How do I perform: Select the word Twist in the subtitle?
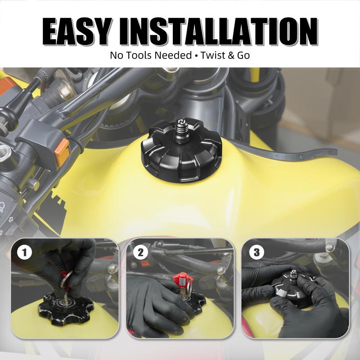(x=212, y=55)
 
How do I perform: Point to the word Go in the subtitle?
(x=243, y=55)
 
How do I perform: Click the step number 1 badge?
(x=25, y=252)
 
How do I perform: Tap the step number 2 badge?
(x=140, y=252)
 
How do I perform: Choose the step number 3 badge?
(x=256, y=252)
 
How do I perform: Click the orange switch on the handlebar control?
(x=62, y=152)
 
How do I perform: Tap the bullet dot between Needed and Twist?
(x=196, y=56)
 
